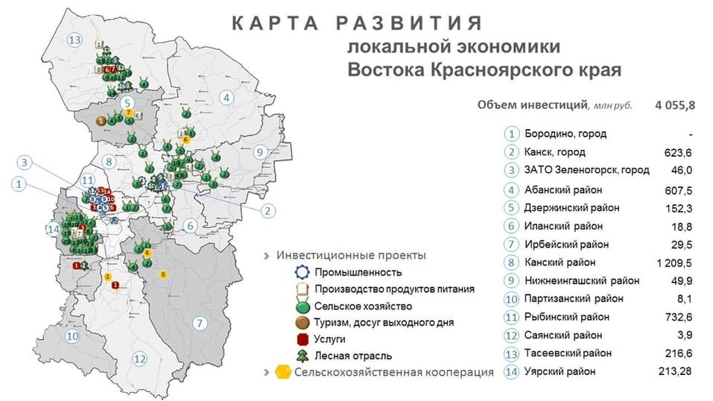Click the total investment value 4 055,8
point(675,105)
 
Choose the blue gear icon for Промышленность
point(302,272)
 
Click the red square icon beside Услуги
point(302,339)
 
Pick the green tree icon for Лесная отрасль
point(302,356)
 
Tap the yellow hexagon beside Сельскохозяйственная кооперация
point(283,372)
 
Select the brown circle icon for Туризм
point(302,322)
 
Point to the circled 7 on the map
point(198,323)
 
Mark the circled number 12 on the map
point(139,359)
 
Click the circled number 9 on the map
point(259,152)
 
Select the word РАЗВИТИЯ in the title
point(409,23)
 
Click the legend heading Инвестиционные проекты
point(351,255)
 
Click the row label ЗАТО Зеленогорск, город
point(586,170)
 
